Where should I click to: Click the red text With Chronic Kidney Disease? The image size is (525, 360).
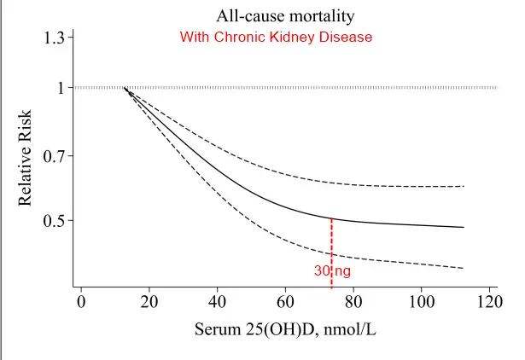click(276, 38)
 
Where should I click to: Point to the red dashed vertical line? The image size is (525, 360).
click(331, 243)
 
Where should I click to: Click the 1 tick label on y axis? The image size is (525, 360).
click(60, 88)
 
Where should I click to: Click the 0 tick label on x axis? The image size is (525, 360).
click(81, 303)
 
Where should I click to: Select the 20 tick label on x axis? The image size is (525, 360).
click(149, 303)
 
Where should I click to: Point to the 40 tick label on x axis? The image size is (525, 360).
click(217, 303)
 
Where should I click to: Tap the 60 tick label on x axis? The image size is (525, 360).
click(285, 303)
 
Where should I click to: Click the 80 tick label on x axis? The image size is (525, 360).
click(353, 303)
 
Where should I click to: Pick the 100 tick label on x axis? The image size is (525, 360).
click(421, 303)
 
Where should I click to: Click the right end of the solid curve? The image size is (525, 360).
click(463, 228)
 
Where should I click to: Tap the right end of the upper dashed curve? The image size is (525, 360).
click(463, 186)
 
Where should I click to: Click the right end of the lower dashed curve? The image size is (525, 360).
click(463, 268)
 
